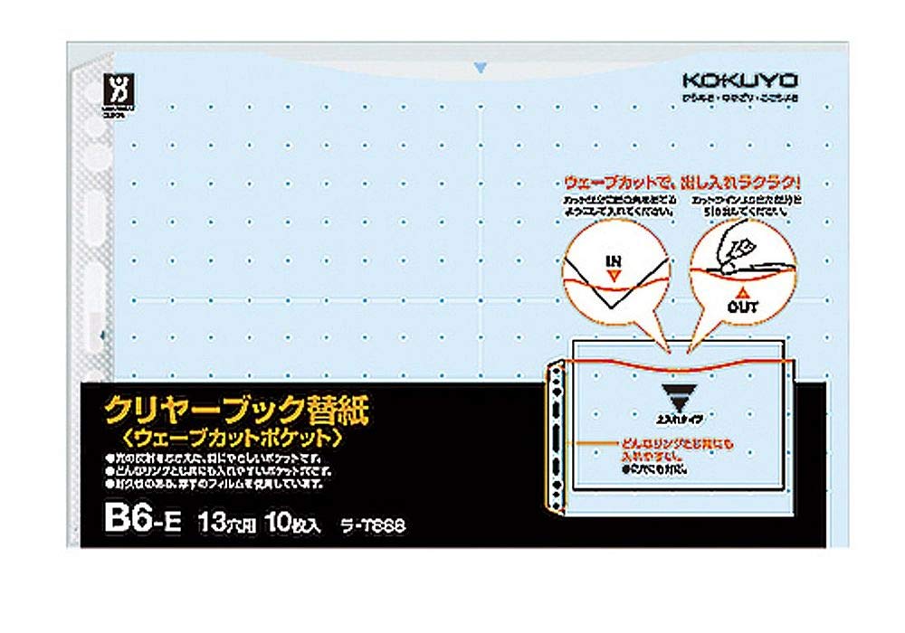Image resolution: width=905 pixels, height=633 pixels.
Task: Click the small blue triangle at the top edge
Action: click(x=481, y=65)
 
